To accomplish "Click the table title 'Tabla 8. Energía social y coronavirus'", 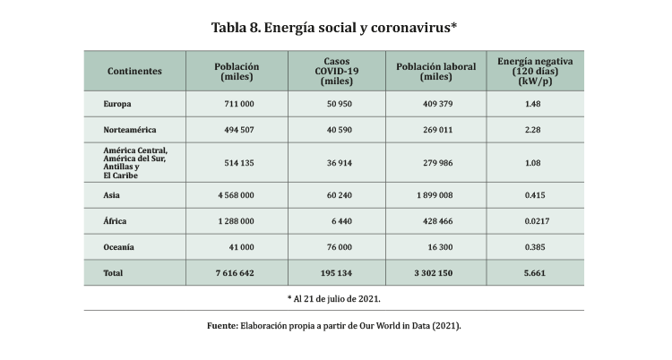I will click(x=335, y=27).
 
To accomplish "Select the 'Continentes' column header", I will click(x=134, y=71).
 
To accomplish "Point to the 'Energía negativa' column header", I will click(x=535, y=70).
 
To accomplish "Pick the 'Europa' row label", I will click(x=117, y=104).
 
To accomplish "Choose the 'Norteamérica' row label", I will click(x=130, y=130).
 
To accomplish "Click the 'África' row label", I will click(x=116, y=219).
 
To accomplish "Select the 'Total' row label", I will click(x=114, y=272).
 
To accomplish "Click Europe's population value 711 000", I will click(x=239, y=104).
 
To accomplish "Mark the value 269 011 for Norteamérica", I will click(x=435, y=130).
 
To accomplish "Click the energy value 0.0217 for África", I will click(x=535, y=219).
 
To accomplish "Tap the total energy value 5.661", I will click(x=535, y=272).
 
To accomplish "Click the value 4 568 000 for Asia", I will click(x=237, y=193).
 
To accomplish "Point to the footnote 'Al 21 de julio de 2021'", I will click(x=336, y=296).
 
